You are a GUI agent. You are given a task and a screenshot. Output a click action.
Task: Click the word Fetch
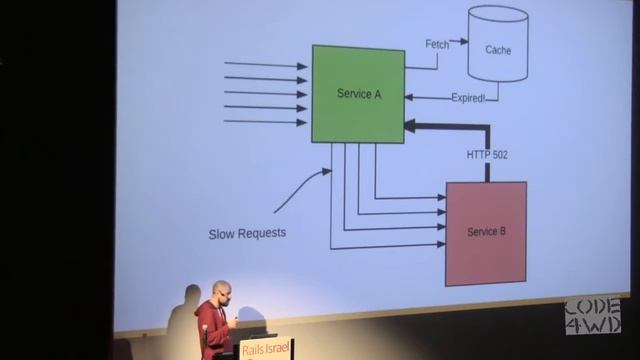[436, 43]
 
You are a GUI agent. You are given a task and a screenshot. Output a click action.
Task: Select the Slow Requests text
[247, 234]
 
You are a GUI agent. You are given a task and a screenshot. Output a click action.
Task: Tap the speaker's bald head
[221, 291]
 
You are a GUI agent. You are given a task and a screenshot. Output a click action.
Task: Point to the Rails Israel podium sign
[267, 349]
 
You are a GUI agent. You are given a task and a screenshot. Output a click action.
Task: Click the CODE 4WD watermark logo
[592, 315]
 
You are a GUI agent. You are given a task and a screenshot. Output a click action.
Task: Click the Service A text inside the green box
[359, 94]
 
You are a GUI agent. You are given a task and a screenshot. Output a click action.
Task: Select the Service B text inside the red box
[487, 232]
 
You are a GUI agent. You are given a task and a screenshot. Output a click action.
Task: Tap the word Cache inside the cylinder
[498, 49]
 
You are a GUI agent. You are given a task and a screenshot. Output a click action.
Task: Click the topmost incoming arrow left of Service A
[265, 65]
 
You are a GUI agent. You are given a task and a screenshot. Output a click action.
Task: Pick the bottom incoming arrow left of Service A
[265, 122]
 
